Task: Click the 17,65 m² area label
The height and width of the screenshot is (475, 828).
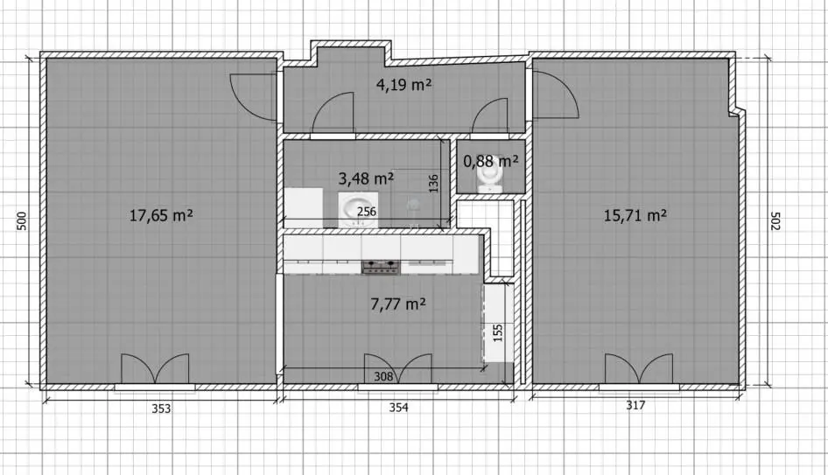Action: pos(161,215)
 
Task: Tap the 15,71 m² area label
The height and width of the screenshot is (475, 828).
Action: pos(635,215)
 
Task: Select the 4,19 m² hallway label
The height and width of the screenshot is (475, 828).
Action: pos(404,85)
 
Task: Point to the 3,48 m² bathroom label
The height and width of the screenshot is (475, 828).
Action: pos(366,178)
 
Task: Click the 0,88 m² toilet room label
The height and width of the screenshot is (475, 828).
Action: pos(490,160)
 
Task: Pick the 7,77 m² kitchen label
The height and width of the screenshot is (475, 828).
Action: pos(398,304)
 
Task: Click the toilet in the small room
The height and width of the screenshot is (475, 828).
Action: pos(489,174)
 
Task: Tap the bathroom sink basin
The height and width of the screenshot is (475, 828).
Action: pos(358,209)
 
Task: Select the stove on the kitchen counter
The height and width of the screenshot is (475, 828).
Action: pos(381,267)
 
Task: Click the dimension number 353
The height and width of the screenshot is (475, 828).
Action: pos(161,409)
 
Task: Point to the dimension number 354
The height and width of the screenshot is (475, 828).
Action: pos(399,408)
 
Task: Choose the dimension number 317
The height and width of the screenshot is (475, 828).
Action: pos(635,405)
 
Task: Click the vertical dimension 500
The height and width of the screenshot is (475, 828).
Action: pos(22,220)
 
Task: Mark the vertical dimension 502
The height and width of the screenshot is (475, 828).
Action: pos(775,221)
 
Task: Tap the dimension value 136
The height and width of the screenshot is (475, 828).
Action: pos(434,184)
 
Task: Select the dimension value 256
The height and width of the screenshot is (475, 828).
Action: pos(367,212)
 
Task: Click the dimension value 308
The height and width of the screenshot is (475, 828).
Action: pos(384,376)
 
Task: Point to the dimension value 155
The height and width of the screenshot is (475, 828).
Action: pos(498,333)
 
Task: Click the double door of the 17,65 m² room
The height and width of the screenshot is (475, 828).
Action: pos(155,368)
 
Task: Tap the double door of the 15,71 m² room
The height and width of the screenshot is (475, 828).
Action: pos(639,368)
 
